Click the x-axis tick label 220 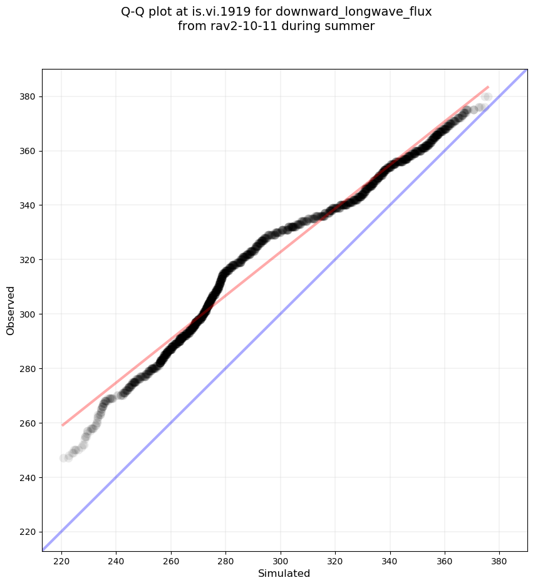(61, 561)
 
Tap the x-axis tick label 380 (499, 561)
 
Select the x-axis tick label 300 (281, 561)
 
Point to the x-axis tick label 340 (390, 561)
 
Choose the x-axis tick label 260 (171, 561)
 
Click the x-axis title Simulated (284, 573)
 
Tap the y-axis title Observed (11, 310)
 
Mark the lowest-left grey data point (63, 458)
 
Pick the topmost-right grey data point (487, 96)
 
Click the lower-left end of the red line (63, 425)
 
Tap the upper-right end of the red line (488, 86)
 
